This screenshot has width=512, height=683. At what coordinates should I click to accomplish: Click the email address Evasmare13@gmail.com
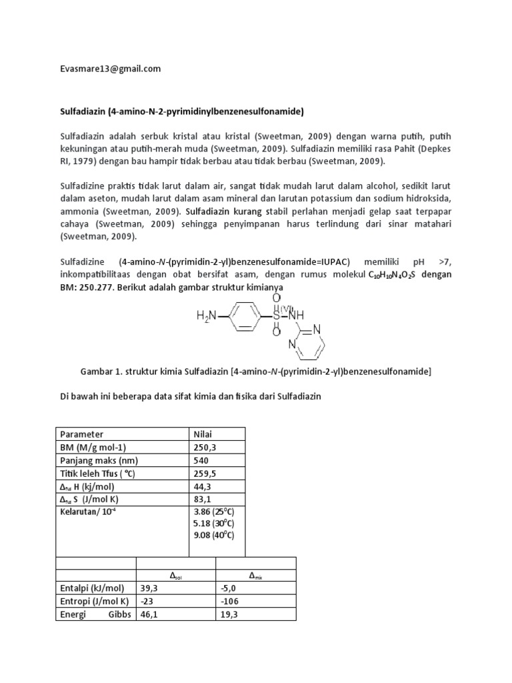109,69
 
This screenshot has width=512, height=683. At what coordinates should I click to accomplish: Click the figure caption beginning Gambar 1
256,372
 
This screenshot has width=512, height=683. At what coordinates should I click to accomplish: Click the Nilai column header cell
201,434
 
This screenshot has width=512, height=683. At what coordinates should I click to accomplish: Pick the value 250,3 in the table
203,447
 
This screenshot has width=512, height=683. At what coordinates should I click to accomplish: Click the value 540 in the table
200,460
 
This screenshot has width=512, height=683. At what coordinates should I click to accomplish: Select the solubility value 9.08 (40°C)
213,534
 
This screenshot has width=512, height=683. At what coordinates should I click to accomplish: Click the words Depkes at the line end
437,150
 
